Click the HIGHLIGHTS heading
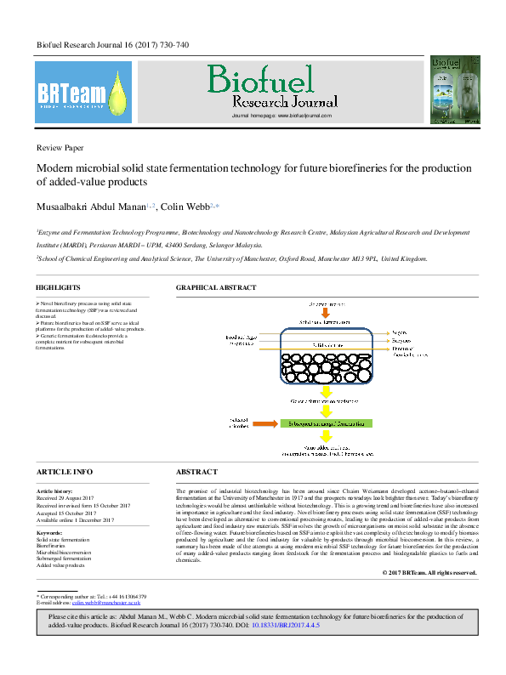tap(59, 287)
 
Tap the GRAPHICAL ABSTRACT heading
tap(215, 287)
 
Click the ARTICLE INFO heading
tap(65, 471)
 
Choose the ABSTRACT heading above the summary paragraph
tap(196, 471)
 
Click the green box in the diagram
tap(325, 422)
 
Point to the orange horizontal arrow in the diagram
tap(264, 422)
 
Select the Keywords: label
tap(49, 532)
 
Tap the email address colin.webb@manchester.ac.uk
tap(105, 578)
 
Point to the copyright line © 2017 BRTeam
tap(429, 573)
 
